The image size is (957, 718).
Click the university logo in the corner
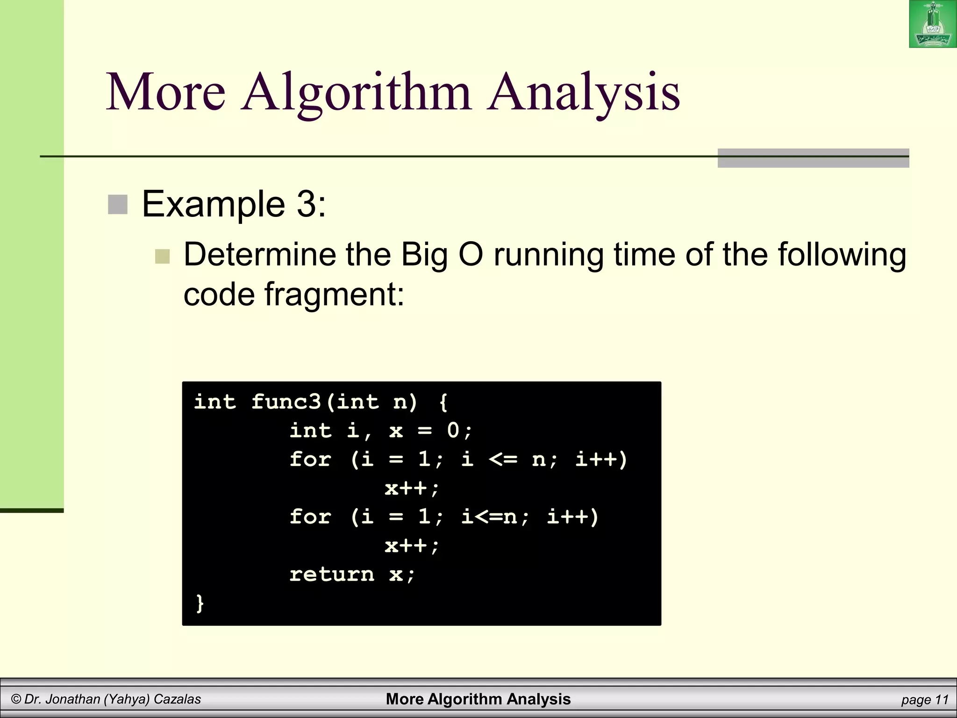(x=933, y=24)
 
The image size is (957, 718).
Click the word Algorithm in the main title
(x=356, y=92)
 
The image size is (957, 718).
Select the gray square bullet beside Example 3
(x=118, y=205)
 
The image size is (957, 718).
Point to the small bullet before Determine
(x=162, y=256)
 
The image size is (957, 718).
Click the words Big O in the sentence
(x=442, y=255)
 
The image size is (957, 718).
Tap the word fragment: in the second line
(x=334, y=294)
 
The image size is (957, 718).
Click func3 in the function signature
(x=286, y=402)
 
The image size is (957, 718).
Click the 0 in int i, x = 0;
(x=453, y=431)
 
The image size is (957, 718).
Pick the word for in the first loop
(x=310, y=459)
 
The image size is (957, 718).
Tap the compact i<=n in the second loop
(x=489, y=517)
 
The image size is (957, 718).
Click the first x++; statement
(x=412, y=488)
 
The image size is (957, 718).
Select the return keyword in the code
(x=332, y=574)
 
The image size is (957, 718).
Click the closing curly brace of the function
(x=200, y=603)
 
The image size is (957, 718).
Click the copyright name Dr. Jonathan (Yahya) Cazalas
(x=106, y=699)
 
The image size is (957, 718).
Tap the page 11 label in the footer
(x=924, y=700)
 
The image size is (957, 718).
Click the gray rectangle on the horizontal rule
(x=813, y=158)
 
